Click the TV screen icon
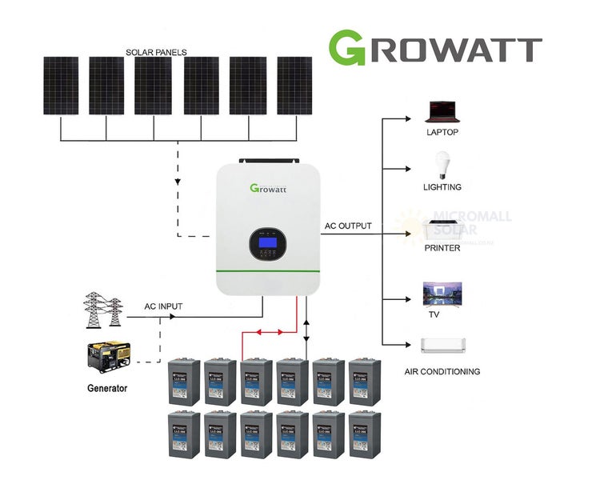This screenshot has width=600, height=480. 442,293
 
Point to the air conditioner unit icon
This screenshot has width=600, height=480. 442,346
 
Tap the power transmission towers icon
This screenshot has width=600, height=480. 103,309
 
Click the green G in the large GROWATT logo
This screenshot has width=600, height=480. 352,49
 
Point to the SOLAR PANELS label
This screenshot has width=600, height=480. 156,53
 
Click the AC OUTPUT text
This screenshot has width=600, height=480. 348,226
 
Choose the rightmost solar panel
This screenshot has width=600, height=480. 294,86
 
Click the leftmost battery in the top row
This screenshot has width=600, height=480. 183,382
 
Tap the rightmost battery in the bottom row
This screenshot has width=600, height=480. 365,434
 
